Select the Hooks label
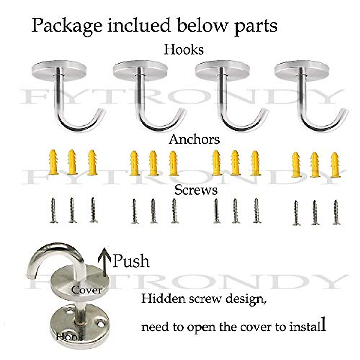click(x=184, y=49)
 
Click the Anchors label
click(x=194, y=139)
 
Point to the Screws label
click(x=196, y=190)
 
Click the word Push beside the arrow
click(x=131, y=261)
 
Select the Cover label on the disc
click(x=87, y=290)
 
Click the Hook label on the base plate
click(x=70, y=337)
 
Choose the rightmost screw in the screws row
click(x=336, y=212)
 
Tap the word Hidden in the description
click(x=160, y=299)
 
